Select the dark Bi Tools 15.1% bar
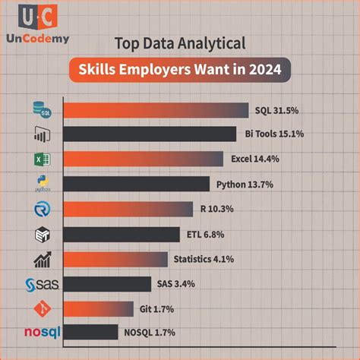pyautogui.click(x=149, y=134)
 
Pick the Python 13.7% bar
pyautogui.click(x=135, y=184)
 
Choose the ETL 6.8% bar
pyautogui.click(x=121, y=234)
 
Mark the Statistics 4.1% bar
pyautogui.click(x=115, y=259)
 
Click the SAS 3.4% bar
pyautogui.click(x=106, y=284)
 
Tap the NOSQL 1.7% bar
pyautogui.click(x=90, y=332)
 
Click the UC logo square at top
pyautogui.click(x=36, y=17)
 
